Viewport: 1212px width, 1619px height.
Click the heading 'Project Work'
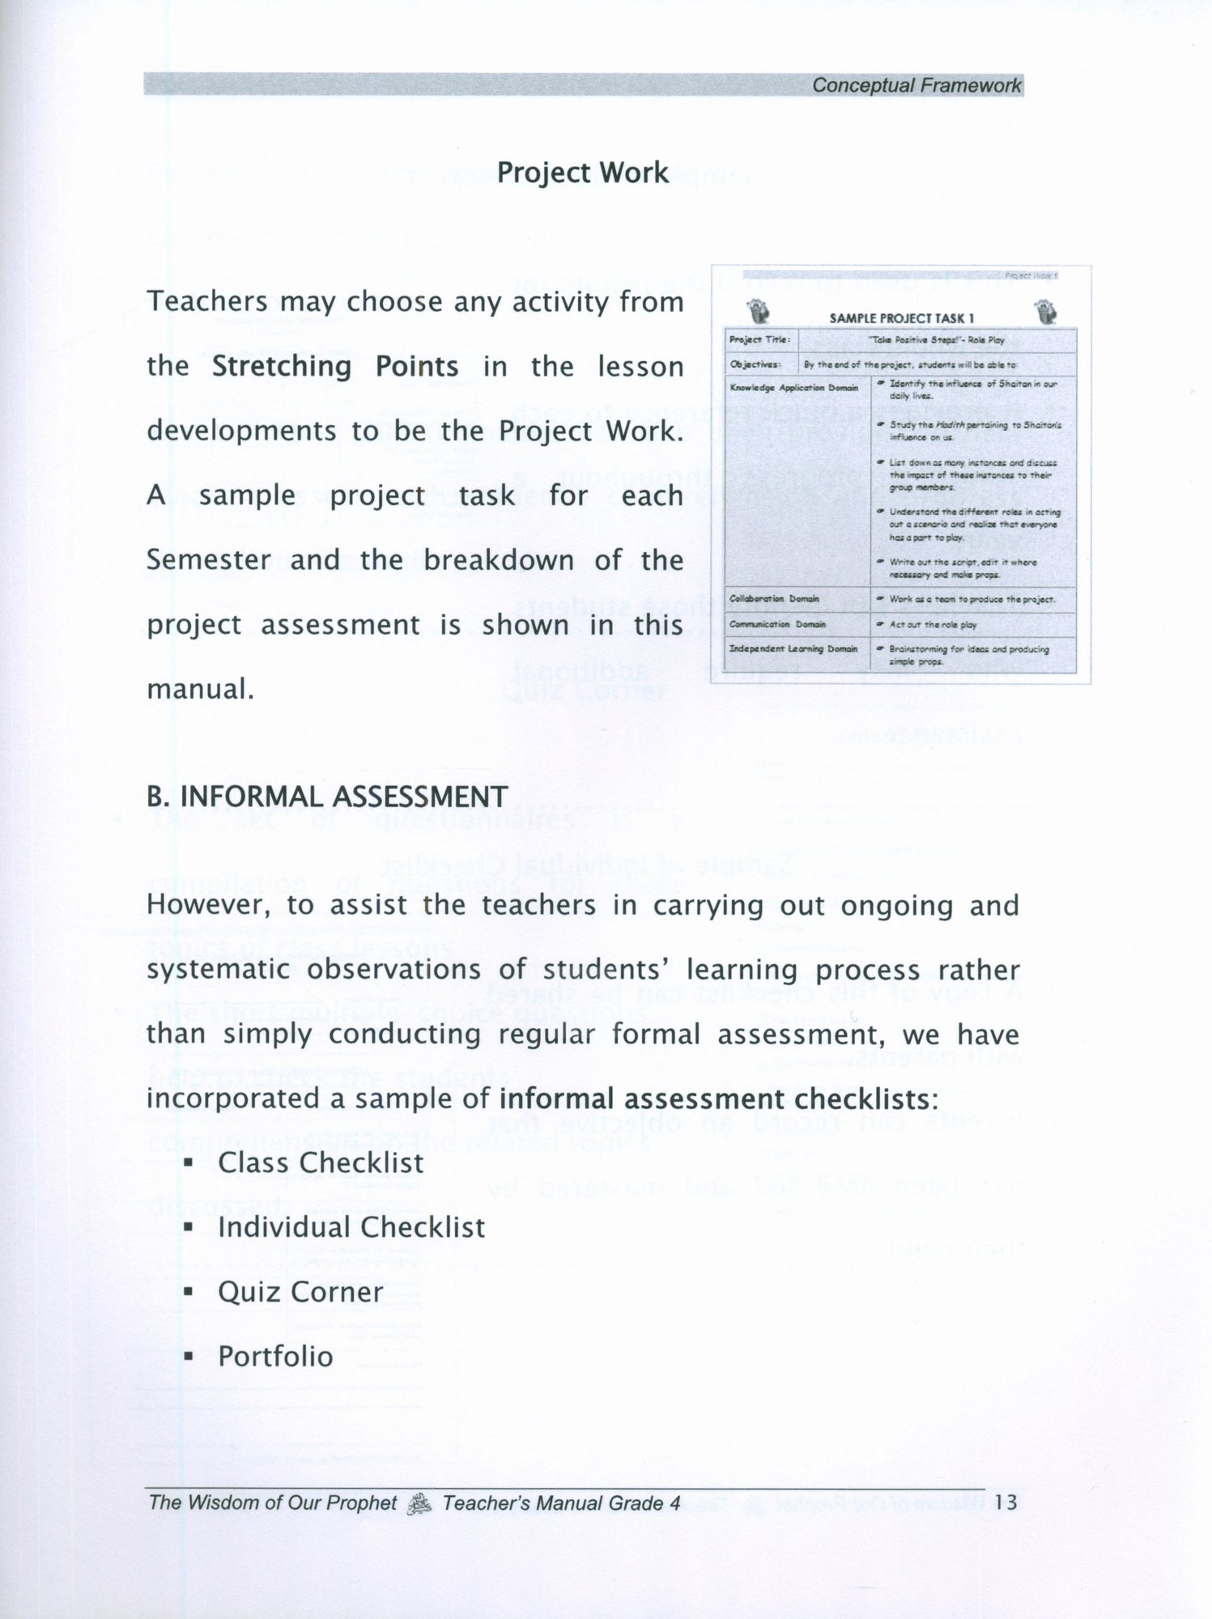[583, 172]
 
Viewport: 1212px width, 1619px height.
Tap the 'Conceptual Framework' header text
[916, 85]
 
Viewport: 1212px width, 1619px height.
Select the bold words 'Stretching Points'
[334, 367]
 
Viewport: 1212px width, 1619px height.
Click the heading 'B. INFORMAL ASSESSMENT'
[327, 797]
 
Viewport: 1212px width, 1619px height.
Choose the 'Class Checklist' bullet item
[321, 1163]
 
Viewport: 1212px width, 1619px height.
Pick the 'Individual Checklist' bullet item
[351, 1227]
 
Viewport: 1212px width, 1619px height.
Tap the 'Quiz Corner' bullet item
[300, 1292]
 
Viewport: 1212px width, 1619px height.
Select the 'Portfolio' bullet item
[275, 1357]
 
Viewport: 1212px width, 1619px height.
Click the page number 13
[1006, 1503]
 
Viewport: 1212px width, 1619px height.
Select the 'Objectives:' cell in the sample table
[754, 364]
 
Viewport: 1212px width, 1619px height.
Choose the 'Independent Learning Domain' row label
[793, 649]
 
